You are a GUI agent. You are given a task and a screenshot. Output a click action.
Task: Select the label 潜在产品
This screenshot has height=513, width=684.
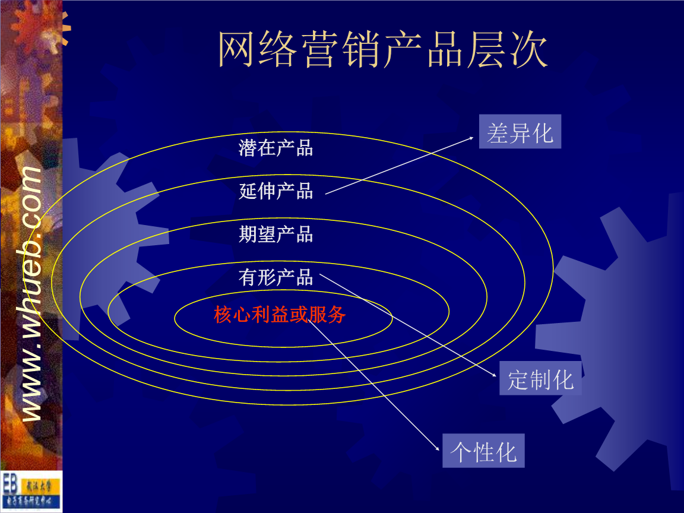275,147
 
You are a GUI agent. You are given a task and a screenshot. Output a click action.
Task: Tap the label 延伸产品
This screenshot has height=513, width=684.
275,191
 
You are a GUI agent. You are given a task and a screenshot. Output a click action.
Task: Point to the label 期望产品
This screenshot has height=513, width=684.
275,234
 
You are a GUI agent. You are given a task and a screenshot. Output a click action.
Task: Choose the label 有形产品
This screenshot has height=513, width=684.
275,277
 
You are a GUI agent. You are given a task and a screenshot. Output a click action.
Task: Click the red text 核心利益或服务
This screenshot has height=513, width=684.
280,315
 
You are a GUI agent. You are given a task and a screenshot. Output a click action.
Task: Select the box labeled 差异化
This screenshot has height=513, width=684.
520,132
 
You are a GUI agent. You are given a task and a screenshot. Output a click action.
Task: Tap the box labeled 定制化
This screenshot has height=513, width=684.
540,378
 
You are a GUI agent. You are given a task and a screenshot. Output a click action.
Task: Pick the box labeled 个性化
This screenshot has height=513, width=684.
483,451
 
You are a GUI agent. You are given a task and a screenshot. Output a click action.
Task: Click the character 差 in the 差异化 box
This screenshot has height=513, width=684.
498,132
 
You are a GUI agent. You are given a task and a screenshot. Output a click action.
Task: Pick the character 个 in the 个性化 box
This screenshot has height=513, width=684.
461,451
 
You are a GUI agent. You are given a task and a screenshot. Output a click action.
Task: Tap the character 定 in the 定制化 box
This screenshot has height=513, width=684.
518,379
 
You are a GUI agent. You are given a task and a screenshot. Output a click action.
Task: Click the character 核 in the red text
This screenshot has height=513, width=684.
222,315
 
